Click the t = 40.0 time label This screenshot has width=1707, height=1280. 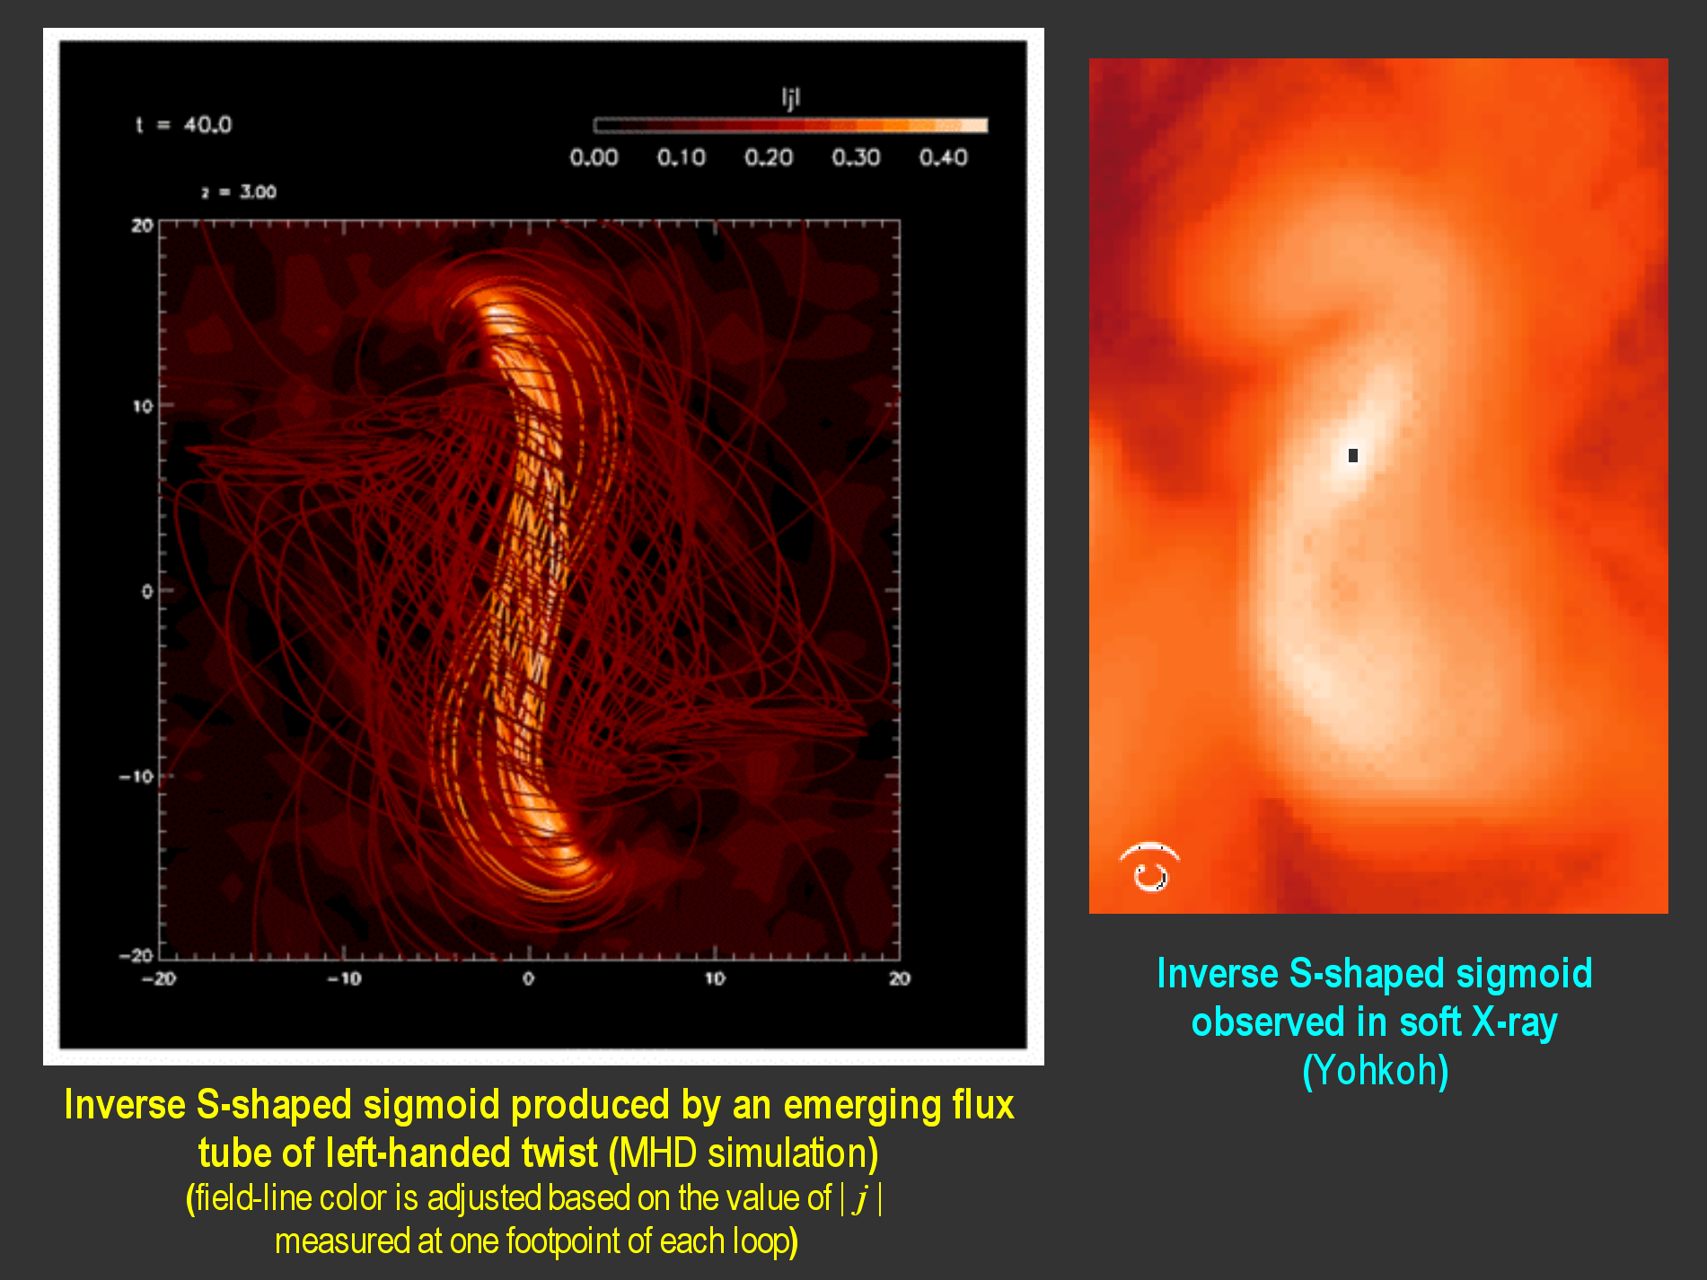[x=183, y=125]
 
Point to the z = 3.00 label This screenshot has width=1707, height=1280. [x=239, y=191]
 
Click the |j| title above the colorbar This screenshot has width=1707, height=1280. [x=790, y=97]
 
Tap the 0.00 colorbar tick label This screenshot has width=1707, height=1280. [x=594, y=158]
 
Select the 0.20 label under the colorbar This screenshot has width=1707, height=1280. [x=769, y=158]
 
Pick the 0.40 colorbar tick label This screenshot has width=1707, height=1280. [x=943, y=158]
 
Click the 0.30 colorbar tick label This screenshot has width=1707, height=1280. [x=856, y=158]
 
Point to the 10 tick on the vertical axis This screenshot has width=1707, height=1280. [x=143, y=406]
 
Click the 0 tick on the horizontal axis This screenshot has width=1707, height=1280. [x=528, y=978]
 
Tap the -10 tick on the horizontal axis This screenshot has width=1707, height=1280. [x=345, y=978]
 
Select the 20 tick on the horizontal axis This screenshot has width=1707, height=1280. [x=900, y=978]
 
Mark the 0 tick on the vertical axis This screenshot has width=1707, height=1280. [x=146, y=591]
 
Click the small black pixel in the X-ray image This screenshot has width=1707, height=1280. [x=1353, y=455]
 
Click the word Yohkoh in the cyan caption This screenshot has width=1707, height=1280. [x=1375, y=1070]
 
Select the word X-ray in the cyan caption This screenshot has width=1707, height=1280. [x=1515, y=1022]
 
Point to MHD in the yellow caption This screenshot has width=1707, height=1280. [x=657, y=1153]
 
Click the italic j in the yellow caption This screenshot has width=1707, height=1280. [x=861, y=1199]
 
